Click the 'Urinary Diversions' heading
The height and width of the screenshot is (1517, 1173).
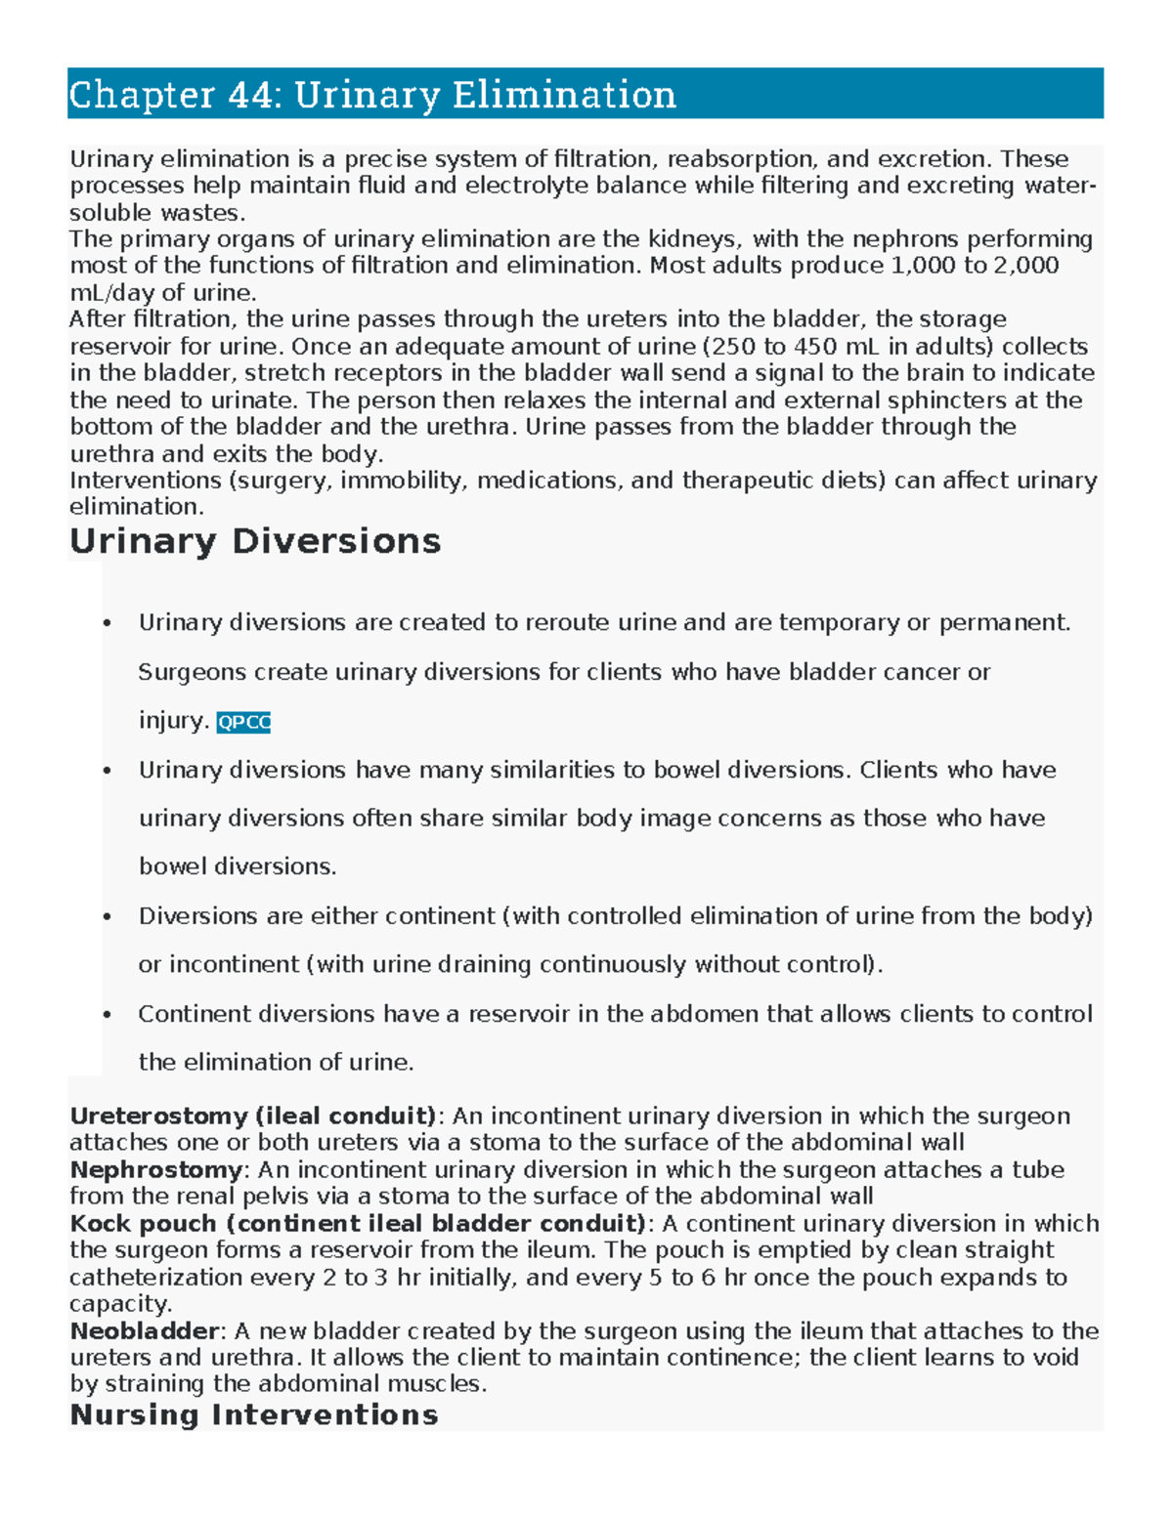pos(255,541)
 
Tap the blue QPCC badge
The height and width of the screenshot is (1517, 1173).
pos(243,722)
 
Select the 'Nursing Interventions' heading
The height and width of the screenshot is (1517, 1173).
pos(254,1414)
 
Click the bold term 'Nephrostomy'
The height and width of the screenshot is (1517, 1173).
pos(155,1169)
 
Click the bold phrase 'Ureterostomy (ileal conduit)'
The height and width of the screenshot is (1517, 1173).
pos(253,1116)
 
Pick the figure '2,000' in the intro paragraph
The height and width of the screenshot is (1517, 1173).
pos(1025,266)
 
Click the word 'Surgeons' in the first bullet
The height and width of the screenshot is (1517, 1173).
pos(193,672)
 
